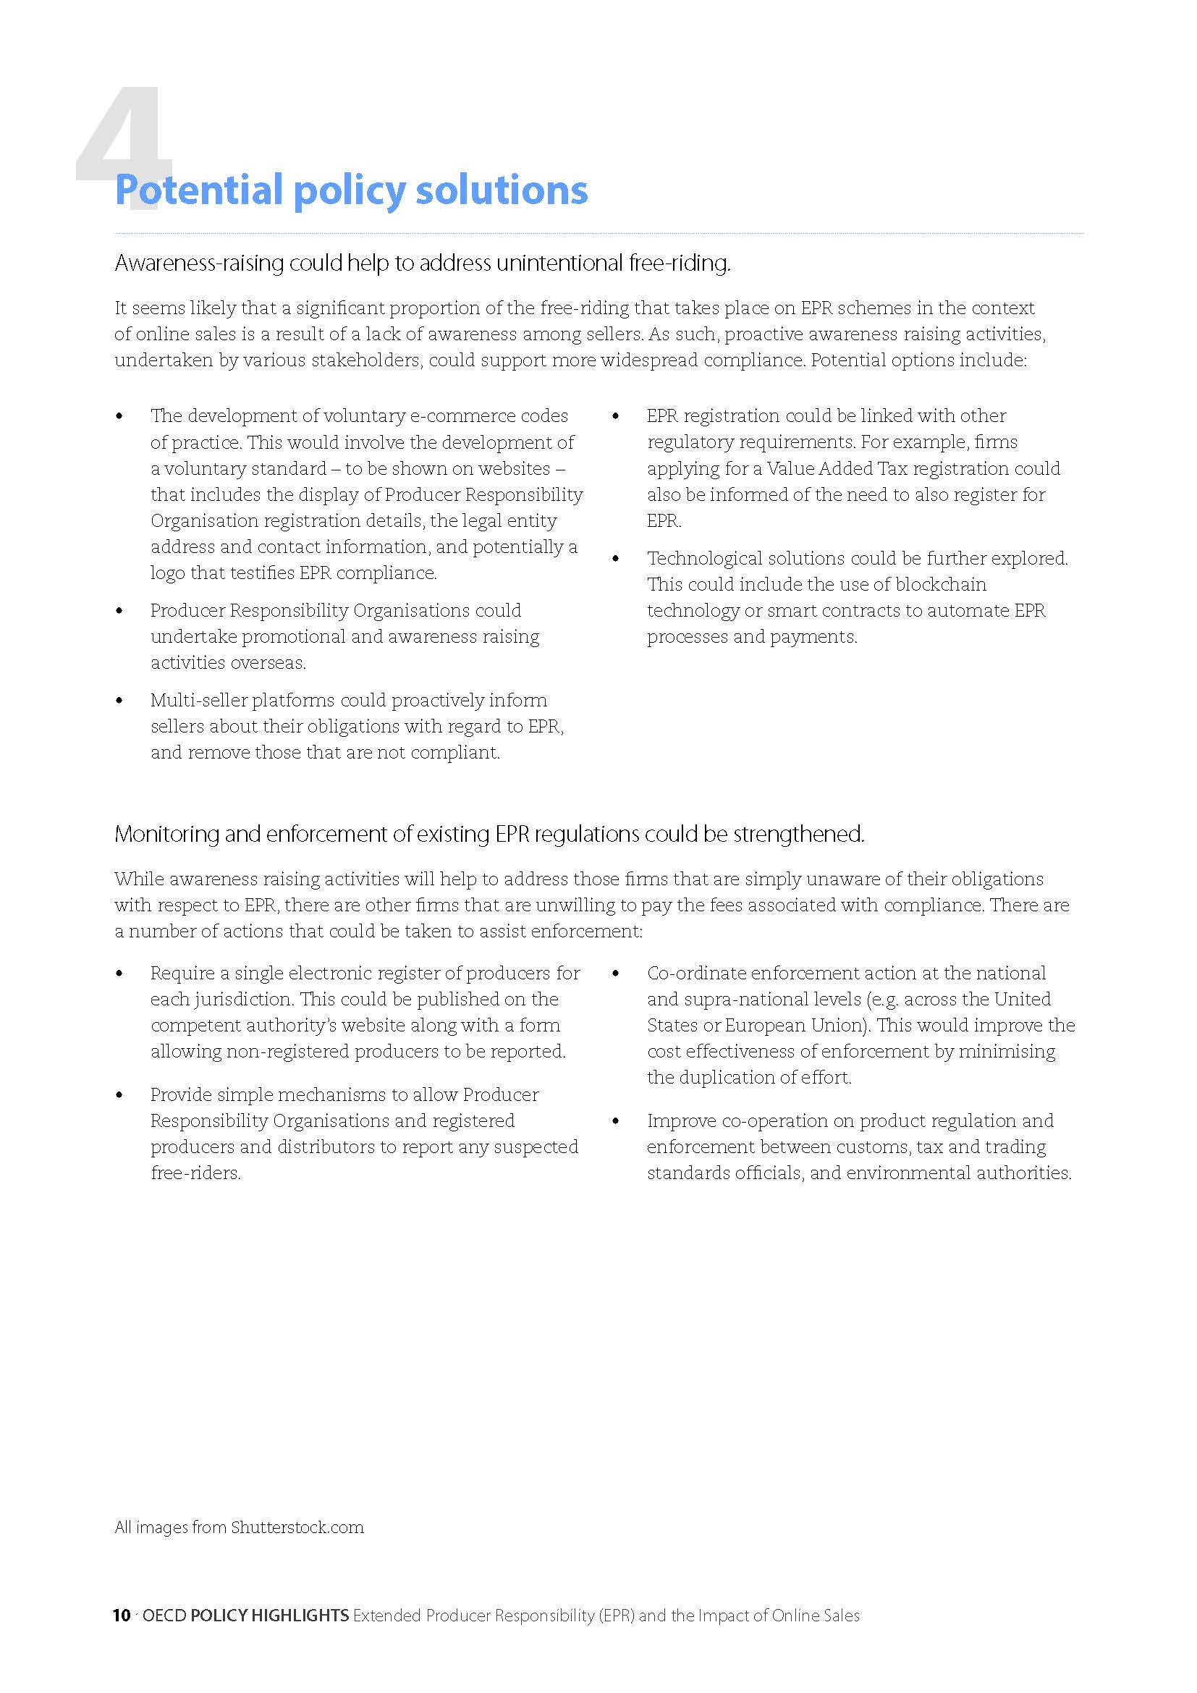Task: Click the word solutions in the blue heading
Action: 502,190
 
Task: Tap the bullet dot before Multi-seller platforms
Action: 119,701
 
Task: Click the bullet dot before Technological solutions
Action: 616,559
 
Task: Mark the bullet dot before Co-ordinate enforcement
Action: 616,974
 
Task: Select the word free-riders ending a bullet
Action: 195,1173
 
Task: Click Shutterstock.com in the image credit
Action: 297,1527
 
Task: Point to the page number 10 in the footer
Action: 122,1616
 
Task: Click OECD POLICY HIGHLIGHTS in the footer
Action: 245,1616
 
